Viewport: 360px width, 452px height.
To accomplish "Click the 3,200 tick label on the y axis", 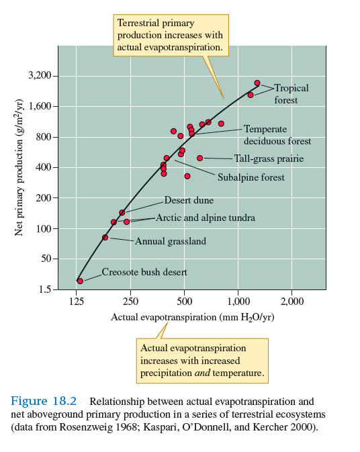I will pyautogui.click(x=40, y=76).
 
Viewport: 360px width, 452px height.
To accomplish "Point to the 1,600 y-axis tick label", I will pyautogui.click(x=40, y=106).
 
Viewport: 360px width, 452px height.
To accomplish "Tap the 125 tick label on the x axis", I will pyautogui.click(x=77, y=301).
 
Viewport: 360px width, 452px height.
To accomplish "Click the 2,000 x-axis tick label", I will pyautogui.click(x=292, y=301).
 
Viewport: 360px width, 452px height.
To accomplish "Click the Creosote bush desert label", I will pyautogui.click(x=144, y=272).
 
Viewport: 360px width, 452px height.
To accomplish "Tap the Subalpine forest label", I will pyautogui.click(x=251, y=177).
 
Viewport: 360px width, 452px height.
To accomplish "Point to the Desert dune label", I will pyautogui.click(x=189, y=200).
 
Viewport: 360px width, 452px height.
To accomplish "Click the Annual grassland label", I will pyautogui.click(x=171, y=240).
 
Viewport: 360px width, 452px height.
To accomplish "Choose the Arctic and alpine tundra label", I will pyautogui.click(x=205, y=218).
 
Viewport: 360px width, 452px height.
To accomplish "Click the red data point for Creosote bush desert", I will pyautogui.click(x=80, y=281).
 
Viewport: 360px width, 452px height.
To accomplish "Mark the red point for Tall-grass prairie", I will pyautogui.click(x=199, y=159).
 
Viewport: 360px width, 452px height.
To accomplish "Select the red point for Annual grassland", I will pyautogui.click(x=105, y=237).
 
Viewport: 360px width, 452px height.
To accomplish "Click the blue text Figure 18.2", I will pyautogui.click(x=44, y=401).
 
